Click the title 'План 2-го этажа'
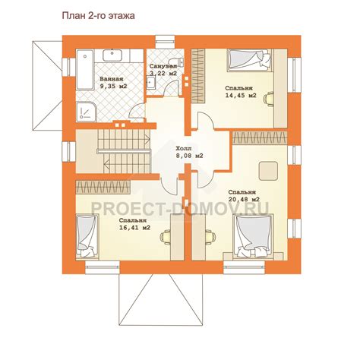[98, 16]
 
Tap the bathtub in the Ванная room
[85, 70]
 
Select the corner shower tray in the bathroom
[86, 111]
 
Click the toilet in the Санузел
[178, 62]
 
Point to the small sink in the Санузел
[151, 83]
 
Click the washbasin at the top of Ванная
[112, 55]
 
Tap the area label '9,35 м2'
[113, 86]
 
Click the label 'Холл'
[184, 148]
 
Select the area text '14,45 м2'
[241, 96]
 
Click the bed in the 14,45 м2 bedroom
[249, 60]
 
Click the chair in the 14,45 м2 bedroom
[269, 99]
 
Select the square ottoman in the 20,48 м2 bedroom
[268, 171]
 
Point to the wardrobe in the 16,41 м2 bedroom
[103, 187]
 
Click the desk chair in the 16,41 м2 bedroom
[166, 237]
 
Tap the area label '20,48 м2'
[244, 199]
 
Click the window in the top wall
[166, 42]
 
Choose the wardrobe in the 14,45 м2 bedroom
[197, 76]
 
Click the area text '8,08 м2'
[189, 156]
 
